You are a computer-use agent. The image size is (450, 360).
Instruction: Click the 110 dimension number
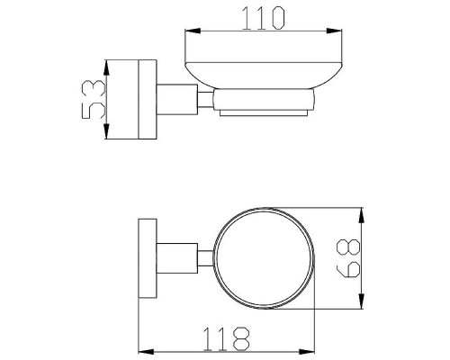(263, 19)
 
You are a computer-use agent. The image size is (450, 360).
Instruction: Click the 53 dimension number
(94, 99)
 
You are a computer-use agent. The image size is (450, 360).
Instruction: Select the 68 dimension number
(348, 258)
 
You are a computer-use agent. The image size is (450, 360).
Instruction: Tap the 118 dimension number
(226, 338)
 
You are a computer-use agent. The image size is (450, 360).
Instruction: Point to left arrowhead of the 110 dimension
(193, 31)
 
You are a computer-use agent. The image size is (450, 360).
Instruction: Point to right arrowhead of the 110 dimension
(334, 31)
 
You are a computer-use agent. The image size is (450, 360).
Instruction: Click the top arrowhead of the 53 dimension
(106, 67)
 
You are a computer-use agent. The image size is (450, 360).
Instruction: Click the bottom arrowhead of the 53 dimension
(106, 131)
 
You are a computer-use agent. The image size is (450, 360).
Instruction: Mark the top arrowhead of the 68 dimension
(362, 215)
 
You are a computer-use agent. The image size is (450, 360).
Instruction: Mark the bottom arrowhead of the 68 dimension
(362, 301)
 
